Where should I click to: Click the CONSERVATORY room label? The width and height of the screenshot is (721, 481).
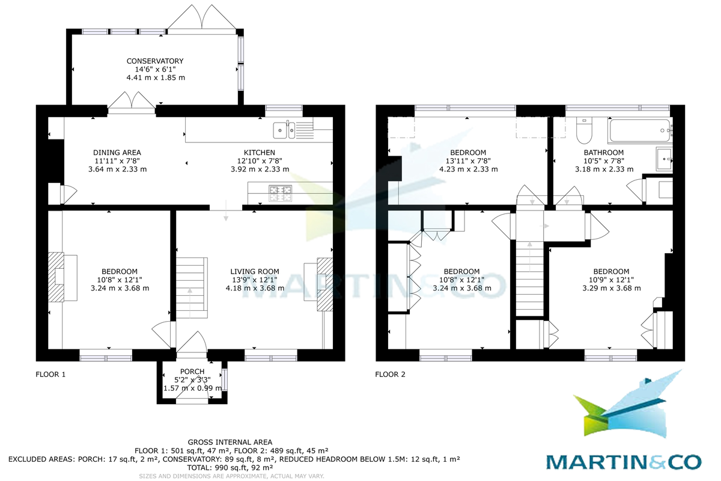point(154,61)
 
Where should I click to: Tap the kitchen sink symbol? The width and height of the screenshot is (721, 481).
point(284,129)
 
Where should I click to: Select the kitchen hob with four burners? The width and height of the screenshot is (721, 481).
point(280,194)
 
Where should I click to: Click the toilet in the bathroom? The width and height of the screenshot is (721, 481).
point(582,129)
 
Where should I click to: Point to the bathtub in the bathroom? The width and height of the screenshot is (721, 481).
point(640,128)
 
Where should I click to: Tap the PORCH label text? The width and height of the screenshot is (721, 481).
point(193,372)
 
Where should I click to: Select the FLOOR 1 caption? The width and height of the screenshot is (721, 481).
point(50,375)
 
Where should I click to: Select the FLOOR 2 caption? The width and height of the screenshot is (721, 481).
point(390,375)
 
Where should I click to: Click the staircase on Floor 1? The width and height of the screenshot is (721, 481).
point(191,287)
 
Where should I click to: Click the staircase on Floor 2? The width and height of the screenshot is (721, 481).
point(530,277)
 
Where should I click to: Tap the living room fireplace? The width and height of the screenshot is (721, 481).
point(323,284)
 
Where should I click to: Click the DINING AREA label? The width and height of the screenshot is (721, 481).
point(117,153)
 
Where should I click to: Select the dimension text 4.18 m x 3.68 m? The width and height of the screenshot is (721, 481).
point(255,288)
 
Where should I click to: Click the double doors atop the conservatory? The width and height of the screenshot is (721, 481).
point(200,17)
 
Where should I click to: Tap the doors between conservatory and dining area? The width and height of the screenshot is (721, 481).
point(132,103)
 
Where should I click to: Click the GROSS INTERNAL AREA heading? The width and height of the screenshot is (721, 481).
point(230,442)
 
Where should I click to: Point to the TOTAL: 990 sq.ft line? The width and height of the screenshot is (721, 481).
point(230,467)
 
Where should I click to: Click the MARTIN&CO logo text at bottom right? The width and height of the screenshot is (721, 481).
point(623,462)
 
